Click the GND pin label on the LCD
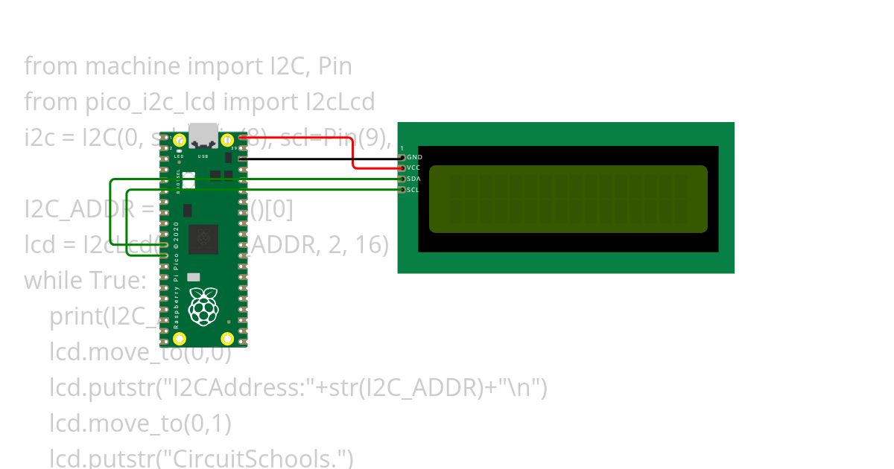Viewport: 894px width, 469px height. pos(414,157)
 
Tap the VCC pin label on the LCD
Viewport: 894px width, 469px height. pos(414,168)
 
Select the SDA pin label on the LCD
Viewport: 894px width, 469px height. pos(414,179)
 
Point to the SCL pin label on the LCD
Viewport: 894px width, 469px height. pos(414,190)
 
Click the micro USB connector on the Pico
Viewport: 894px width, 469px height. pos(203,135)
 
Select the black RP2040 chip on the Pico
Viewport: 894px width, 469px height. pos(203,238)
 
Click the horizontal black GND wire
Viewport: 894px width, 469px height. pos(320,158)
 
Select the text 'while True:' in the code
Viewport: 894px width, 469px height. pos(86,281)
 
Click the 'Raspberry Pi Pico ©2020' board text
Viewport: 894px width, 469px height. pos(177,275)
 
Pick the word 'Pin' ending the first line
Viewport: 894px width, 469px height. pos(335,66)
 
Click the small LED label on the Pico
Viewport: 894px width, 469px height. pos(179,156)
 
